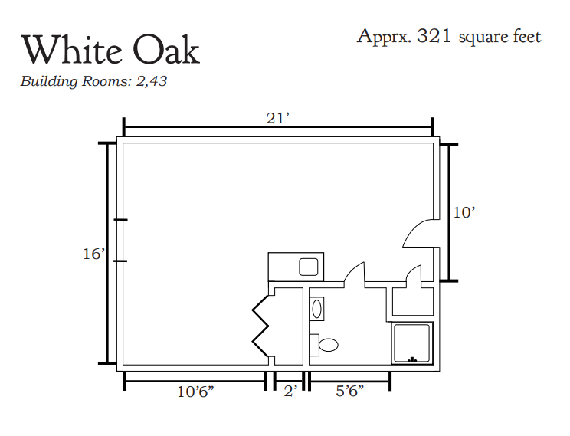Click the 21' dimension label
278,119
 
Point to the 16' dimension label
94,254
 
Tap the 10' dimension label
464,212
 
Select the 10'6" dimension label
195,392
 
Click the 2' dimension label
290,392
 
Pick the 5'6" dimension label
349,392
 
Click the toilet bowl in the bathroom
328,345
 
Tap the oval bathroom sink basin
316,309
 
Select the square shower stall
412,343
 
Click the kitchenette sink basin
309,267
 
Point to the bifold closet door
260,326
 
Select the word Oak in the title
166,50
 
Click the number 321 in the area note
434,36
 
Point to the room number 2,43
152,81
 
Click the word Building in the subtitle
49,81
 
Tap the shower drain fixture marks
412,359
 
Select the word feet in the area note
527,37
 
